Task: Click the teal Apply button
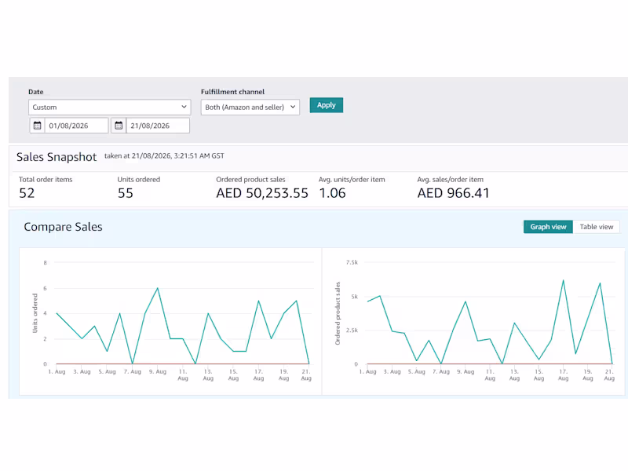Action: coord(326,105)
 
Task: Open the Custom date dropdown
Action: coord(109,107)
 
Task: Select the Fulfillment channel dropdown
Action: coord(250,107)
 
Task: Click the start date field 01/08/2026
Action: coord(76,126)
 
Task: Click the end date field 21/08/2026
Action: coord(158,126)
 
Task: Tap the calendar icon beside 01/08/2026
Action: coord(37,126)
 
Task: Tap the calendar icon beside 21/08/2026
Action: coord(119,126)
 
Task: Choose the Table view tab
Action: coord(597,227)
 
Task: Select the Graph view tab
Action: coord(548,227)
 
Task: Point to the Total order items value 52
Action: coord(27,193)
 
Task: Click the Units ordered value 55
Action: coord(126,193)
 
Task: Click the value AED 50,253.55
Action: coord(262,193)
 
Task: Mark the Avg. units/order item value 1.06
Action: coord(332,193)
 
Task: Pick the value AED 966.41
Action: coord(454,193)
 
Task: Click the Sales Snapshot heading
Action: coord(57,156)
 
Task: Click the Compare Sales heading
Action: coord(64,227)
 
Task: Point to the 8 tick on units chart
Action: coord(46,263)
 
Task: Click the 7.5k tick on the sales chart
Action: coord(352,262)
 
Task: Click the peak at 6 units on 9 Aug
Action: coord(158,288)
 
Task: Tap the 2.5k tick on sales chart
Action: coord(352,330)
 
